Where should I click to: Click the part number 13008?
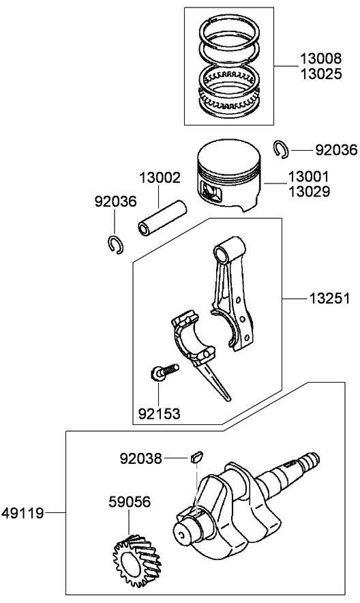[x=319, y=59]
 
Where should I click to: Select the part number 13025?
[x=319, y=73]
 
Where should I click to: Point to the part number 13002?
[x=160, y=178]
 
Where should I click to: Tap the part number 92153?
[x=159, y=413]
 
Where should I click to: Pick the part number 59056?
[x=130, y=502]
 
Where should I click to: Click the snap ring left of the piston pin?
[x=115, y=243]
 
